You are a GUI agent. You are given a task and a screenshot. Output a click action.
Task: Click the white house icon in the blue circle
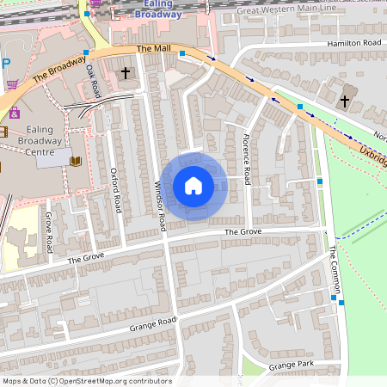pos(193,186)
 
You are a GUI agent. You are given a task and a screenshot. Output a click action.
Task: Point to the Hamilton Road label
pos(353,43)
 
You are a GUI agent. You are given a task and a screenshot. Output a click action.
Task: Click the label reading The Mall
pos(149,49)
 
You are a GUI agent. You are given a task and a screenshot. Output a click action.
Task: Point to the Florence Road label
pos(245,158)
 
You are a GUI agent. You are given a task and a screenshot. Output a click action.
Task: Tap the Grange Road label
pos(153,324)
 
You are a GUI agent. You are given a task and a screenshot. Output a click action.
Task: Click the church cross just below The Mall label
pos(125,74)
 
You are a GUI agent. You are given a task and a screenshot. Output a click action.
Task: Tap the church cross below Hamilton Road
pos(345,101)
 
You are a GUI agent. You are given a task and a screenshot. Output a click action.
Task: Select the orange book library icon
pos(75,160)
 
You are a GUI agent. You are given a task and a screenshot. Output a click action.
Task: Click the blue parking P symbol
pos(4,62)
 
